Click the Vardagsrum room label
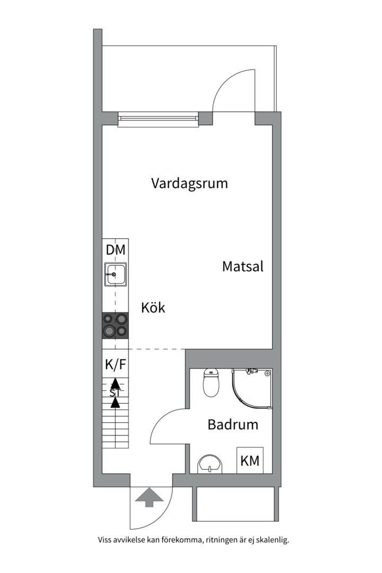point(189,184)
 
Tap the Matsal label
point(242,266)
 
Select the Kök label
point(153,307)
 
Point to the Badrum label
point(233,424)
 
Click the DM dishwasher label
point(115,250)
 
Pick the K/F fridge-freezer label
point(115,364)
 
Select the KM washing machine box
point(250,461)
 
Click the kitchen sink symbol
point(115,275)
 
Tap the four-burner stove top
point(115,325)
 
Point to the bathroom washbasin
point(211,465)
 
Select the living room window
point(158,120)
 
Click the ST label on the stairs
point(115,393)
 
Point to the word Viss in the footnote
point(105,540)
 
